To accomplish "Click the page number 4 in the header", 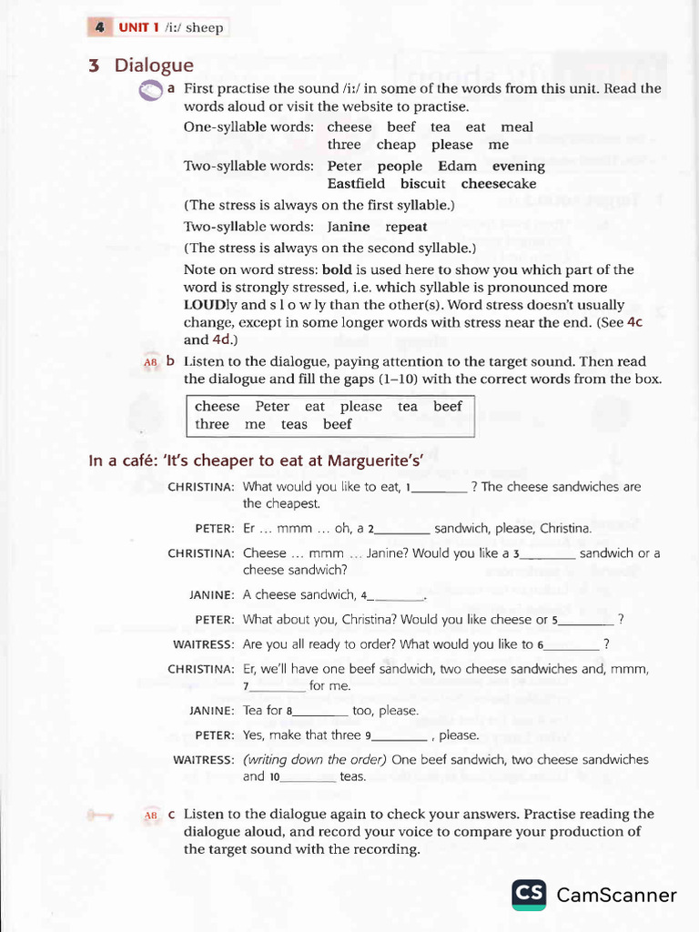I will click(98, 27).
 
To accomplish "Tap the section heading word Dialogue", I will click(154, 66).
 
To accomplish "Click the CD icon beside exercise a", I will click(149, 90).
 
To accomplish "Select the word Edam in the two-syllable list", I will click(457, 167).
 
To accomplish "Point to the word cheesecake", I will click(499, 184).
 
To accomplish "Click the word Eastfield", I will click(356, 184).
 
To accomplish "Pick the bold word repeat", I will click(406, 227).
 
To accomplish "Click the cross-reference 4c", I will click(633, 322).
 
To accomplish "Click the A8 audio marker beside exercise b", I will click(150, 362).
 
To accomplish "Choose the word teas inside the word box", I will click(294, 424).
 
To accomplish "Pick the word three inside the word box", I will click(212, 424).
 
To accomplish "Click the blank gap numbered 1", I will click(441, 488).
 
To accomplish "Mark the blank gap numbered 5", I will click(585, 621).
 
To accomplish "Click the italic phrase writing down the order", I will click(315, 759).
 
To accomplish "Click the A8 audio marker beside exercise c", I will click(150, 815).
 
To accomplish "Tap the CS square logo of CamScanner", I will click(529, 895).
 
